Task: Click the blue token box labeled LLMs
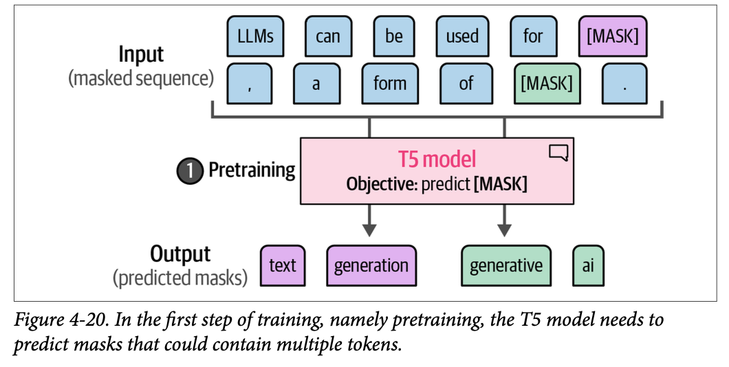coord(256,36)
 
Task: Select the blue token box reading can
coord(327,36)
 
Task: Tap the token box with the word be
coord(393,36)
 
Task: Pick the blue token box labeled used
coord(462,36)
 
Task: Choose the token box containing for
coord(533,36)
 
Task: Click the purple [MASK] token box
coord(612,36)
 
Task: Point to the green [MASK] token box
coord(547,83)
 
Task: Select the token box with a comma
coord(249,83)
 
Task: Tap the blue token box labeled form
coord(390,83)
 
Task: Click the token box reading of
coord(466,83)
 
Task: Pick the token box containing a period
coord(624,83)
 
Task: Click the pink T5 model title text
coord(437,159)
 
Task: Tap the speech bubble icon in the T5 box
coord(558,154)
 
